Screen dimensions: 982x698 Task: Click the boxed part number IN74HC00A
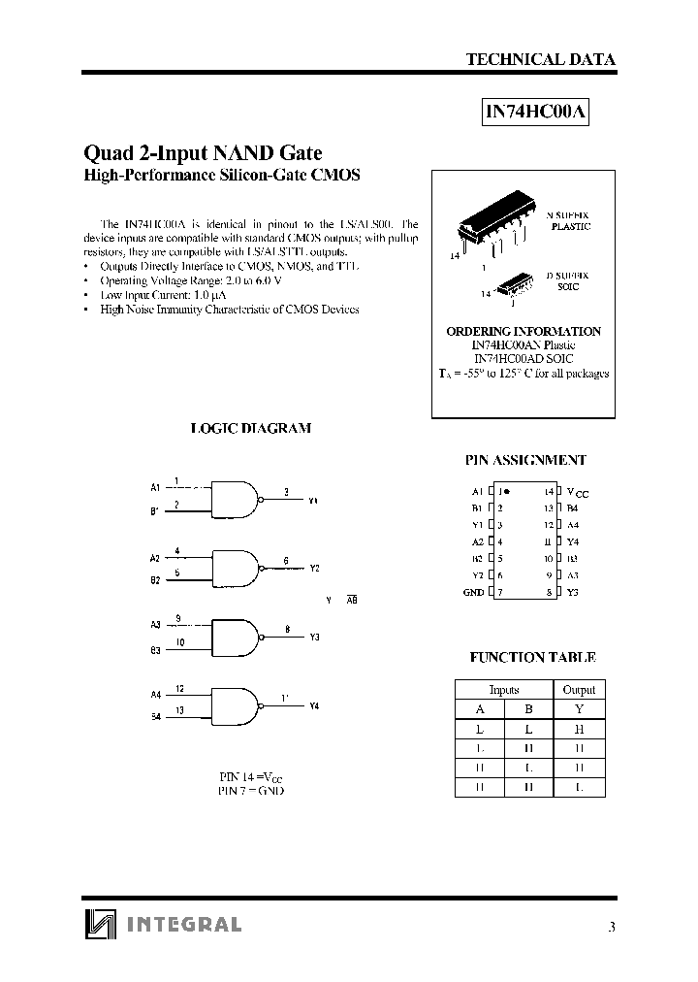coord(536,112)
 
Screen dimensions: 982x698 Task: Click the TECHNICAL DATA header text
coord(540,59)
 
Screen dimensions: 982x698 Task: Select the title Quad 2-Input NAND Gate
coord(204,152)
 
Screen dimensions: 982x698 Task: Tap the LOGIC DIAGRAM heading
coord(250,428)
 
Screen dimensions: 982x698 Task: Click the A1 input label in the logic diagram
coord(155,486)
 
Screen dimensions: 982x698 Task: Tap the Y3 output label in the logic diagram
coord(314,638)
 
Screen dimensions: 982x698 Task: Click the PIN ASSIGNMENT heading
coord(526,461)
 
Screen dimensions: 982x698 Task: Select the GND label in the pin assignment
coord(474,592)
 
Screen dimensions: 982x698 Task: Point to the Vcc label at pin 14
coord(577,493)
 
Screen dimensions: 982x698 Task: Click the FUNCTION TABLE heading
coord(532,657)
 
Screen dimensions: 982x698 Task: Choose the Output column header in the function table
coord(579,689)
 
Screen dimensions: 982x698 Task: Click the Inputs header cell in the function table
coord(504,689)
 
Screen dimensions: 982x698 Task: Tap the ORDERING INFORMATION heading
coord(523,331)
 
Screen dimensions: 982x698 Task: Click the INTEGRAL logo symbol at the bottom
coord(100,925)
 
